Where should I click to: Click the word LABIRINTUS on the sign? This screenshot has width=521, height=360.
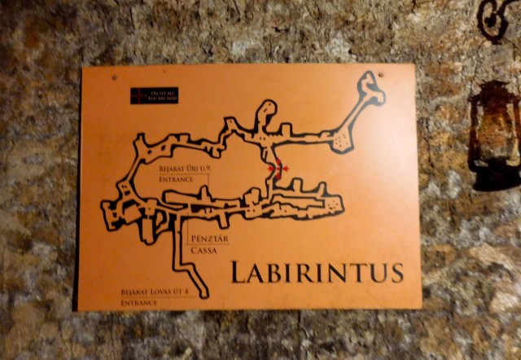coord(317,271)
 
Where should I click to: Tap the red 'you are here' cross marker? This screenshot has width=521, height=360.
coord(278,169)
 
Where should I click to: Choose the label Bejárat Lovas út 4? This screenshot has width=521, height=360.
coord(154,292)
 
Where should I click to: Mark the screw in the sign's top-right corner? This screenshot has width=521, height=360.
coord(383,77)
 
